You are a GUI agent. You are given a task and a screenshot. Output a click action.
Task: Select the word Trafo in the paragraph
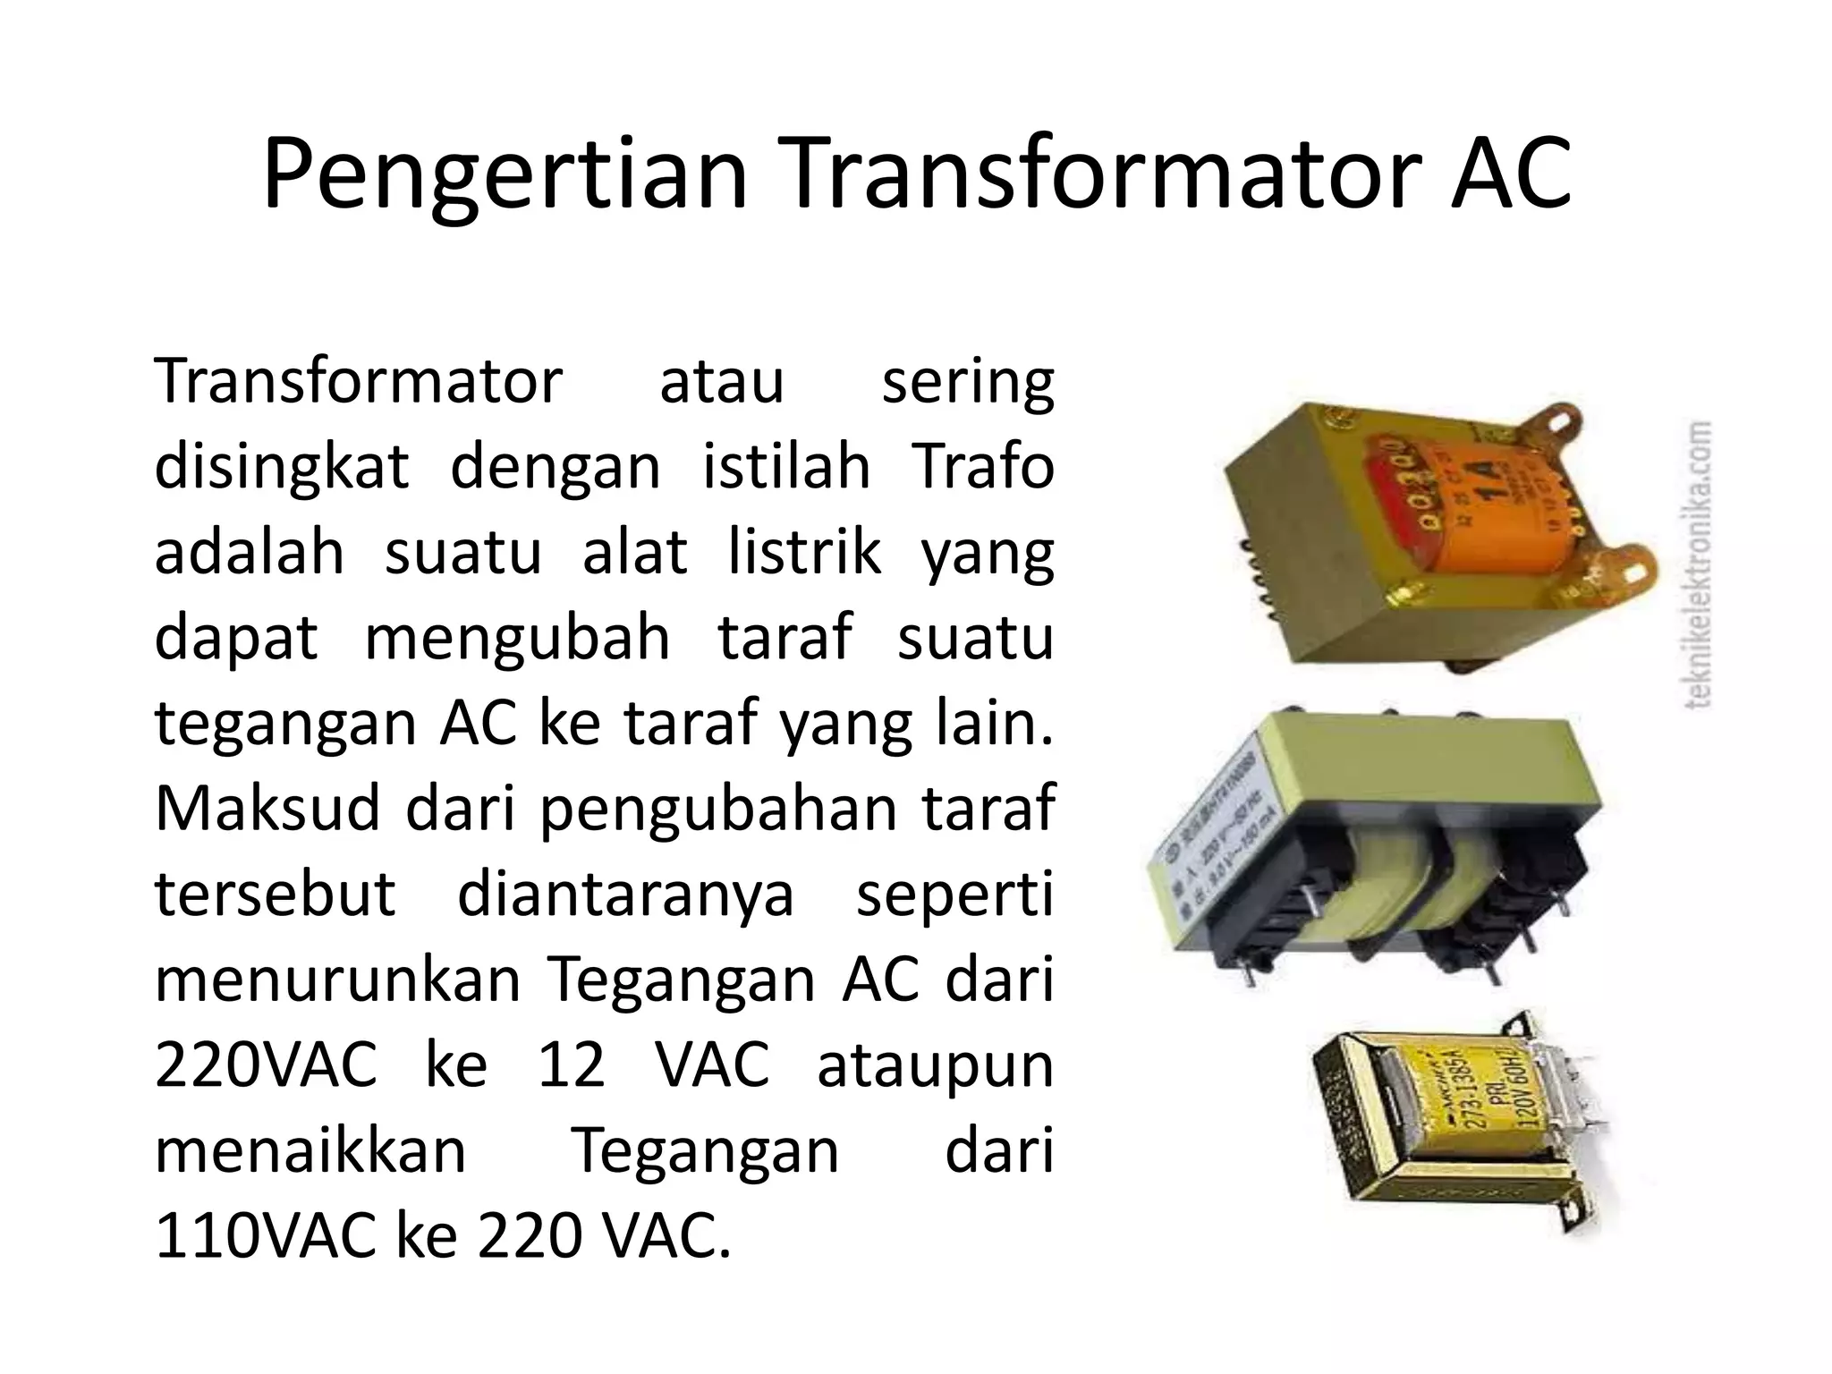(983, 467)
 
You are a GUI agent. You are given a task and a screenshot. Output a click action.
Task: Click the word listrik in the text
(804, 553)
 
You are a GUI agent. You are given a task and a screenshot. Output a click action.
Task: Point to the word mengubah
(517, 638)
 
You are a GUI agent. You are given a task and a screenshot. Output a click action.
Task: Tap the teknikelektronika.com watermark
(1697, 564)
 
